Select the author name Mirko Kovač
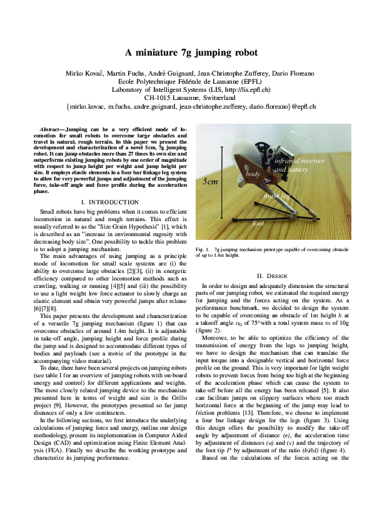click(84, 74)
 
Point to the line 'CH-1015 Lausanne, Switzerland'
click(186, 98)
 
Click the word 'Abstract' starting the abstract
click(52, 128)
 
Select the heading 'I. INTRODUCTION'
click(110, 202)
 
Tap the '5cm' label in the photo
click(211, 181)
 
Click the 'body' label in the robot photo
click(253, 173)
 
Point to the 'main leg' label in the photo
click(276, 196)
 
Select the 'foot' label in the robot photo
click(258, 223)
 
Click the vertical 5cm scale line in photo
click(221, 181)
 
